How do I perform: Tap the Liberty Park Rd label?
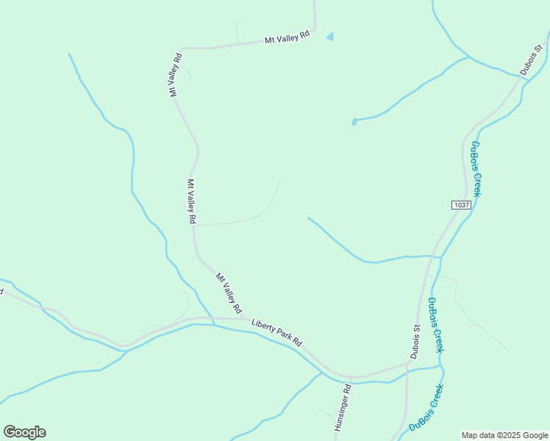276,332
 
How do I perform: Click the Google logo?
24,432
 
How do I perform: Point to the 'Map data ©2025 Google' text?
505,435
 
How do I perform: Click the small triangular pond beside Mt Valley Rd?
330,36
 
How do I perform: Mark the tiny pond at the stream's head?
354,122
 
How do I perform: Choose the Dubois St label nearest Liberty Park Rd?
416,342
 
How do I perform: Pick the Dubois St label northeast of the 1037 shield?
530,60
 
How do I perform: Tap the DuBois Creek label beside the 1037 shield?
476,168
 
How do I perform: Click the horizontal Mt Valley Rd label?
287,37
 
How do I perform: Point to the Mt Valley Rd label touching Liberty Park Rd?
229,293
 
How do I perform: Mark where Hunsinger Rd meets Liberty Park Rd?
351,378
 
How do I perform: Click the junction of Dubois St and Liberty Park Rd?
408,362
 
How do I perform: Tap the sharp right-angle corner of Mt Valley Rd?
182,49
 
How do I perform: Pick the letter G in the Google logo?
10,432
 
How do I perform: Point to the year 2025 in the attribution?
512,435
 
